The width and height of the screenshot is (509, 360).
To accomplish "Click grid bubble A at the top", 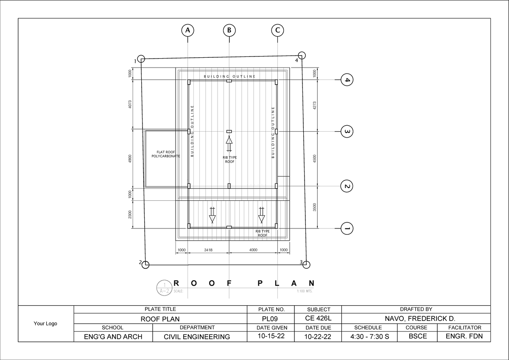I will pos(187,30).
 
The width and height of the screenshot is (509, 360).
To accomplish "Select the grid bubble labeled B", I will pos(229,30).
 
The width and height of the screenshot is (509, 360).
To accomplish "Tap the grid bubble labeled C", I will pos(277,30).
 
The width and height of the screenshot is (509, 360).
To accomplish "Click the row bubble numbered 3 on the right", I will pos(347,132).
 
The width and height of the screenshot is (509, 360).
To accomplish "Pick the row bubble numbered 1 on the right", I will pos(347,228).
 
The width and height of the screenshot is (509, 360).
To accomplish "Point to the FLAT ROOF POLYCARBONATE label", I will pos(166,154).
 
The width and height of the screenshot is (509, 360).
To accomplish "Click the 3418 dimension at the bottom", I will pos(208,250).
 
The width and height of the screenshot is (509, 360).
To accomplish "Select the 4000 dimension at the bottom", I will pos(253,250).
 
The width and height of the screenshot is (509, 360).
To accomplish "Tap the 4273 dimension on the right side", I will pos(314,105).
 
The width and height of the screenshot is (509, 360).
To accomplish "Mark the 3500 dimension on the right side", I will pos(314,207).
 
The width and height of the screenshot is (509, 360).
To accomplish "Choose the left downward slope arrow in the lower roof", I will pos(213,215).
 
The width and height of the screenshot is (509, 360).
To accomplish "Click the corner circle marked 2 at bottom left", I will pos(145,265).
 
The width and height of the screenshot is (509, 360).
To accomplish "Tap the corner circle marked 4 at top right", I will pos(302,55).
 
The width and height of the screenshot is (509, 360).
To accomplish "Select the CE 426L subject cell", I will pos(318,318).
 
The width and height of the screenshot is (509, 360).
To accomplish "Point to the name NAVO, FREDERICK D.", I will pos(416,318).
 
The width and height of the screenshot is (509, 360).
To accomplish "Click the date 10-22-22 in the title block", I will pos(318,337).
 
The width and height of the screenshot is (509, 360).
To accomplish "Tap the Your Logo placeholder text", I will pos(45,323).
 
